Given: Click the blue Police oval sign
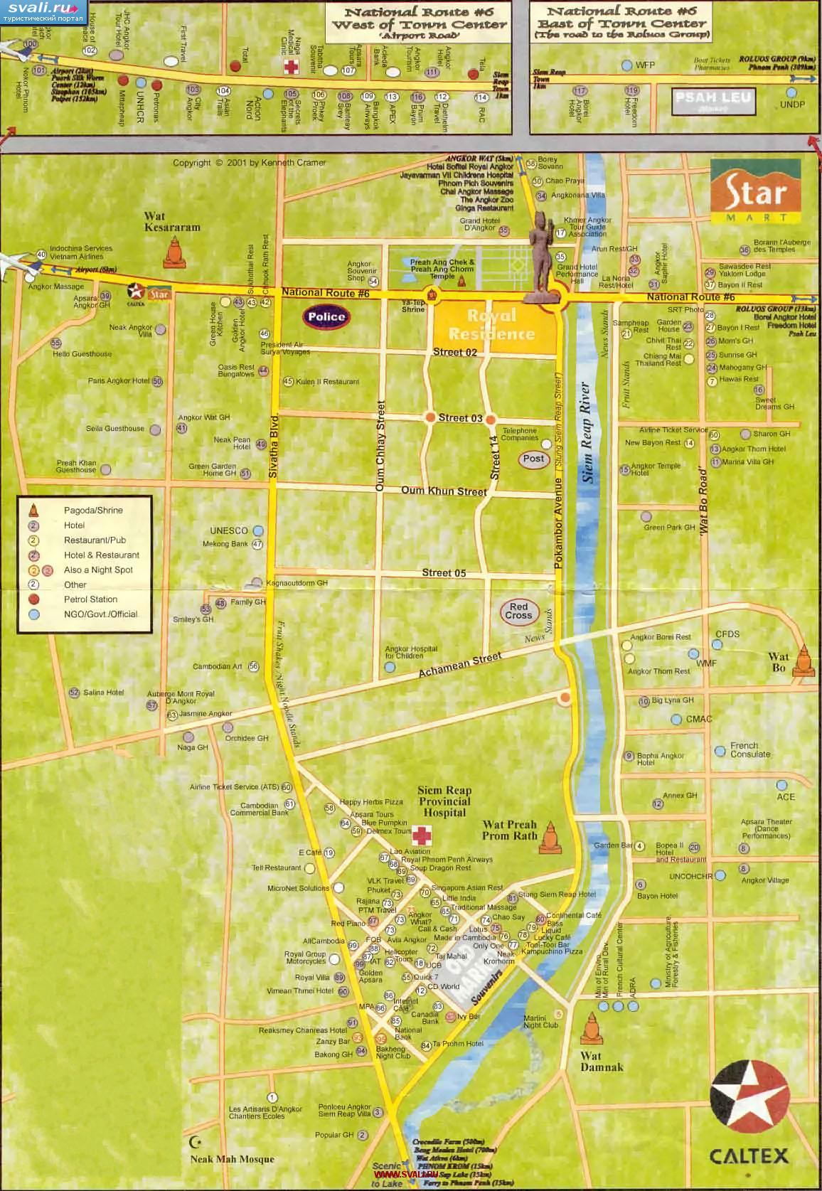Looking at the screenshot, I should pos(326,317).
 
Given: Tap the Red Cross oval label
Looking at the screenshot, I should pos(518,611).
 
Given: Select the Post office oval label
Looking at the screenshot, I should pos(533,459).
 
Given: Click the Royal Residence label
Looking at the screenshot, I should pos(492,325).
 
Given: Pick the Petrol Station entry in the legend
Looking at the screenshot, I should pos(90,599).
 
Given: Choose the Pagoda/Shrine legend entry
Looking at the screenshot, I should pos(93,511).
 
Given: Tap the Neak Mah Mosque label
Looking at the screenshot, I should pos(232,1160).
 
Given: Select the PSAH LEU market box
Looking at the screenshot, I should pos(713,100).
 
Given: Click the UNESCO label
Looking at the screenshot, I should pos(229,530).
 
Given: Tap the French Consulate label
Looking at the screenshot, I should pos(749,750).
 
